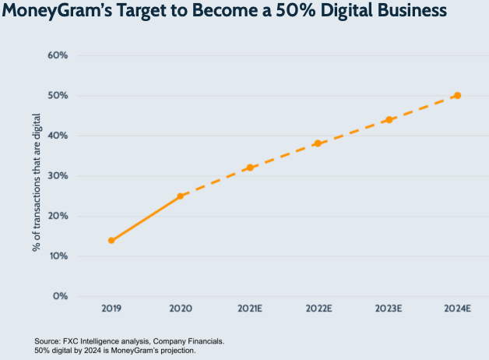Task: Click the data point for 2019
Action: click(x=111, y=240)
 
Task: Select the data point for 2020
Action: click(x=180, y=196)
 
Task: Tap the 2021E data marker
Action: click(x=249, y=168)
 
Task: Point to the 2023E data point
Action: click(x=389, y=119)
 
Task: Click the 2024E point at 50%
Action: click(x=457, y=95)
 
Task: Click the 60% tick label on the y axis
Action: click(x=59, y=55)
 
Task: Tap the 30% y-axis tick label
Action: click(x=59, y=176)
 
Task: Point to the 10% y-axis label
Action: click(x=59, y=256)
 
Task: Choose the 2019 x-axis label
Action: click(x=111, y=309)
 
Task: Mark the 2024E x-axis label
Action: click(x=457, y=309)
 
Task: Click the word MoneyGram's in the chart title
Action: click(x=55, y=11)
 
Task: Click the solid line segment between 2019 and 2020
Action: click(x=146, y=218)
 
